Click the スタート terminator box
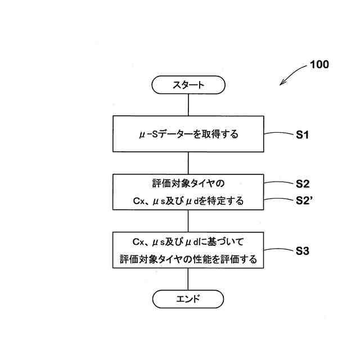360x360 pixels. click(188, 85)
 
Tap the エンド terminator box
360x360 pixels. click(188, 299)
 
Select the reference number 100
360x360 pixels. click(319, 64)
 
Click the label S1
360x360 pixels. click(303, 134)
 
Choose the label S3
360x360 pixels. click(303, 251)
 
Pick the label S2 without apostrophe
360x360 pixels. click(303, 183)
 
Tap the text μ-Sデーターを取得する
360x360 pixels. click(188, 134)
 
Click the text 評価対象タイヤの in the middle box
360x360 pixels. click(188, 183)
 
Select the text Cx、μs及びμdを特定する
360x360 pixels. click(188, 200)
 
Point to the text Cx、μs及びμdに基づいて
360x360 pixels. click(188, 242)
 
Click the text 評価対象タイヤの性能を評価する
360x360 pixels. click(188, 259)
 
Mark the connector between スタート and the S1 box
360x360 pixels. click(188, 105)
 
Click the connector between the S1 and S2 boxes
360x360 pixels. click(188, 163)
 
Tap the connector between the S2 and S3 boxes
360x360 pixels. click(188, 221)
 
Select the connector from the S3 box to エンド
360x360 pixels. click(188, 279)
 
